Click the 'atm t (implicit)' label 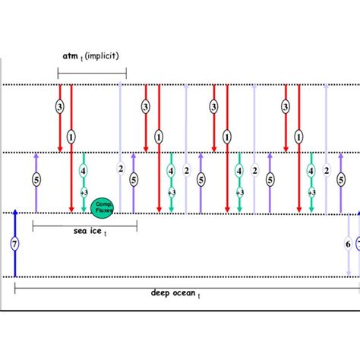pyautogui.click(x=92, y=56)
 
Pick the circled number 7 pyautogui.click(x=14, y=245)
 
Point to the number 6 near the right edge pyautogui.click(x=347, y=244)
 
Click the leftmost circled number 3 pyautogui.click(x=60, y=108)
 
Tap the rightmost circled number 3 pyautogui.click(x=286, y=108)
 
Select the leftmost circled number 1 pyautogui.click(x=71, y=137)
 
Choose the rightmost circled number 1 pyautogui.click(x=298, y=137)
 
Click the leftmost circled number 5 pyautogui.click(x=36, y=180)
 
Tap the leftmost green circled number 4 pyautogui.click(x=84, y=171)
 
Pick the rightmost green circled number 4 pyautogui.click(x=311, y=171)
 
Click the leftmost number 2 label pyautogui.click(x=119, y=169)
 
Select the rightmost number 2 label pyautogui.click(x=326, y=172)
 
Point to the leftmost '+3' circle pyautogui.click(x=84, y=193)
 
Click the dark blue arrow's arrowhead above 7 pyautogui.click(x=14, y=217)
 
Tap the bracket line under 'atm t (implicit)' pyautogui.click(x=92, y=73)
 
